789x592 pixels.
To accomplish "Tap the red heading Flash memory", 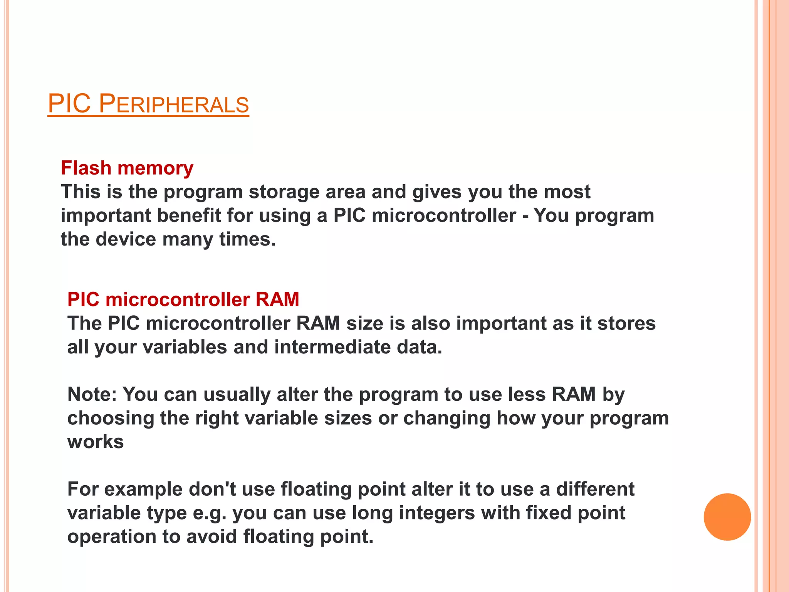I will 127,168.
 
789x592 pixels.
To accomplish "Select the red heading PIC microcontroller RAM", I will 183,299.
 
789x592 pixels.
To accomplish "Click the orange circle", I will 727,517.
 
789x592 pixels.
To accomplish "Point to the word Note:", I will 92,394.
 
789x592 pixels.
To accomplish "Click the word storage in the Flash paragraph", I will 284,192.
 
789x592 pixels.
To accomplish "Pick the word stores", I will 626,323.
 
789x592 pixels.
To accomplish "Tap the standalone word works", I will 96,442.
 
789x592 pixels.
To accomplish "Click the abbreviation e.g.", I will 210,513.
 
